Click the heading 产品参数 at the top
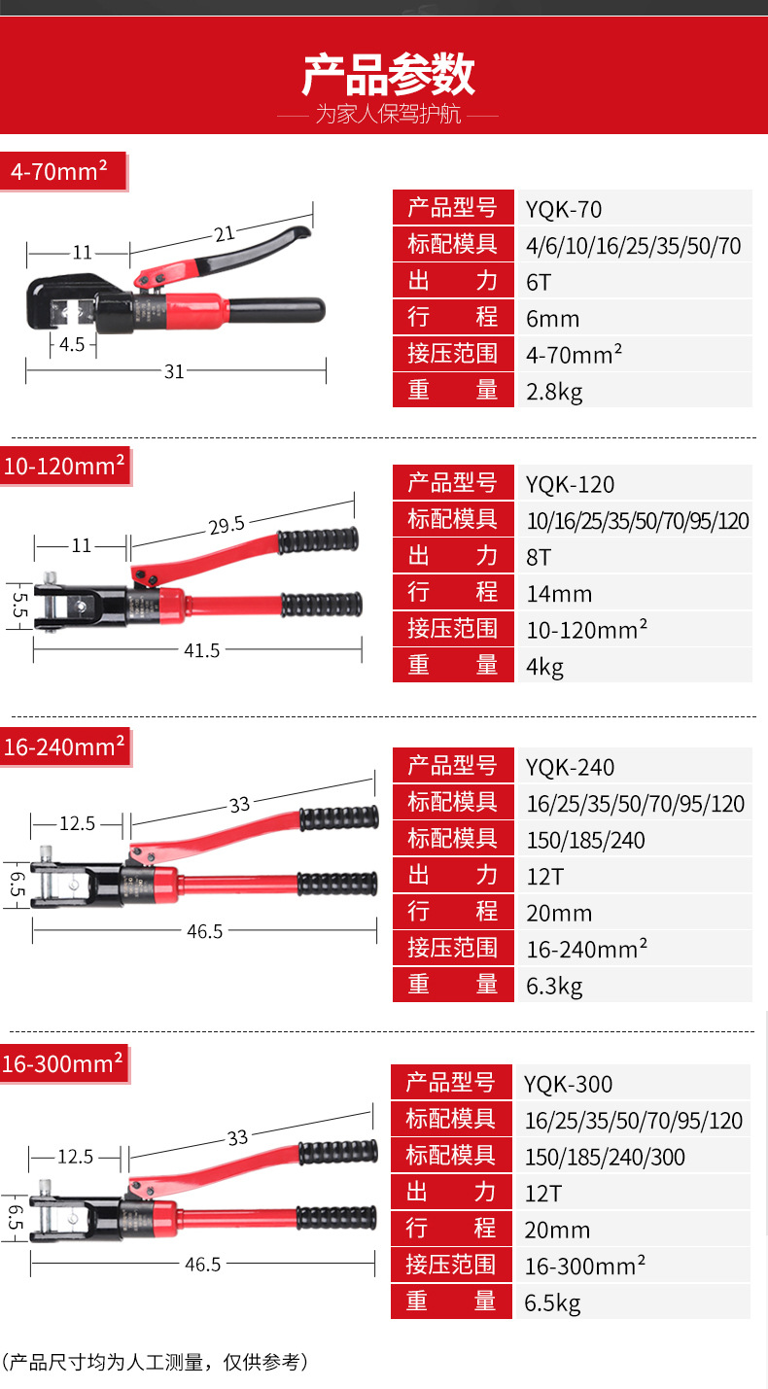click(x=388, y=76)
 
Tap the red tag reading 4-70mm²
click(x=58, y=171)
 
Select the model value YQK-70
click(x=564, y=209)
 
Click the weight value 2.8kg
click(x=554, y=392)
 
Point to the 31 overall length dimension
click(x=174, y=370)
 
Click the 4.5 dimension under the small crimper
click(x=72, y=344)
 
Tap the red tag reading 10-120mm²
click(x=64, y=466)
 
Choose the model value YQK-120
click(x=571, y=484)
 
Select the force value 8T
click(x=539, y=557)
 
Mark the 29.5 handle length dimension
click(x=226, y=525)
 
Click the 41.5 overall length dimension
click(x=202, y=650)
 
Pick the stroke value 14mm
click(x=559, y=594)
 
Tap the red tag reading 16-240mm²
click(x=64, y=747)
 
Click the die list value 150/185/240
click(x=586, y=840)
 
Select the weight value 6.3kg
click(x=554, y=987)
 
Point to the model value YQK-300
click(x=569, y=1084)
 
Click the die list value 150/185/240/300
click(x=605, y=1157)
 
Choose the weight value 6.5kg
click(x=552, y=1303)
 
